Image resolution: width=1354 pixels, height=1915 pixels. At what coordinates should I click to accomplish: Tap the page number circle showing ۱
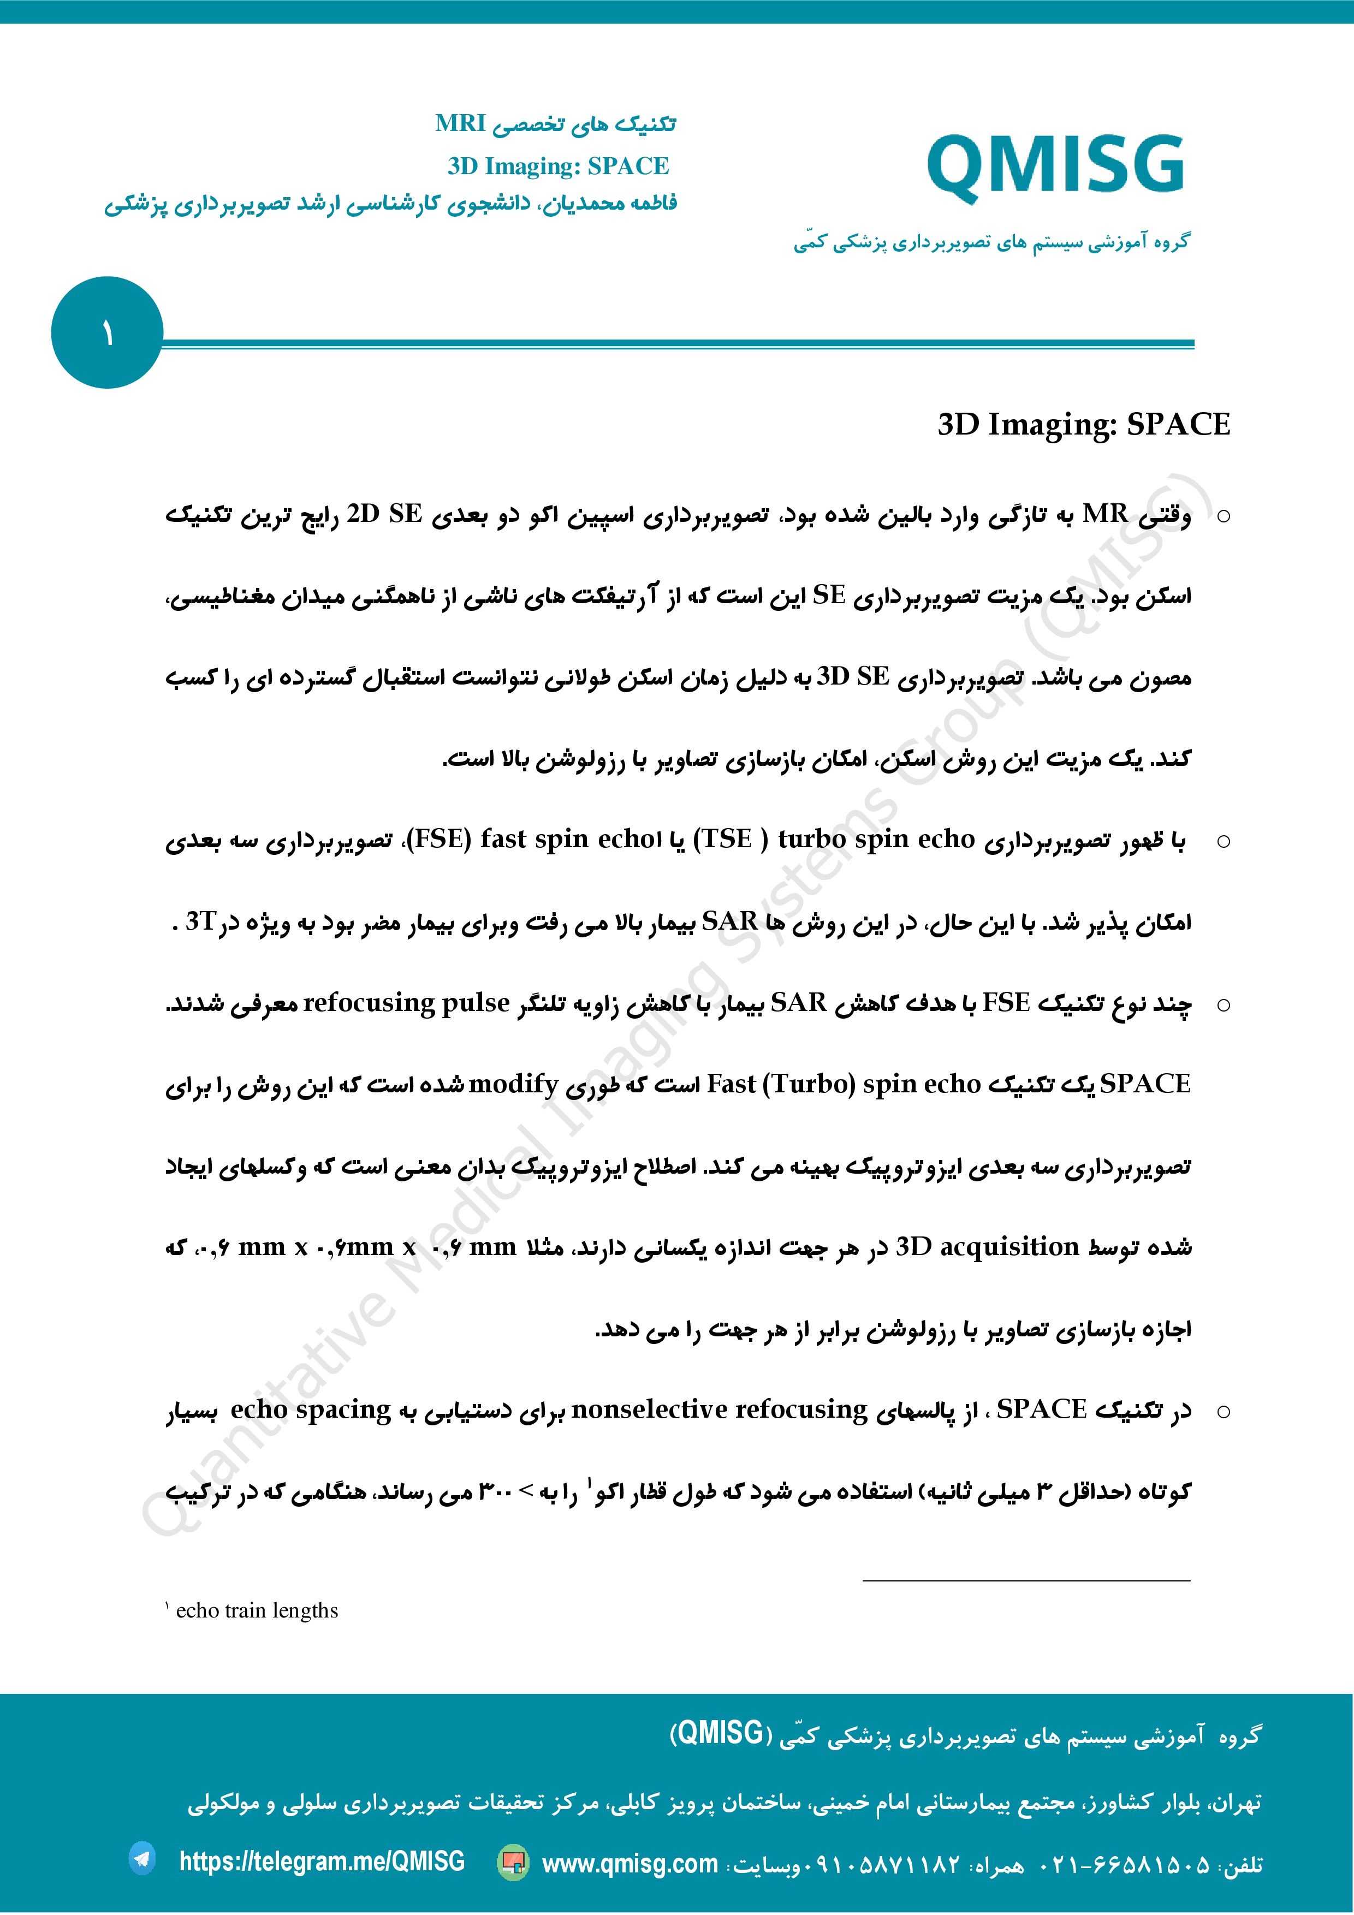(107, 333)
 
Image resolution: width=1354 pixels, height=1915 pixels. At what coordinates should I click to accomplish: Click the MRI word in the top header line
(460, 123)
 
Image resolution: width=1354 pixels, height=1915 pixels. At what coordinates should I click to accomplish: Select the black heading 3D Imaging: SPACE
(1083, 425)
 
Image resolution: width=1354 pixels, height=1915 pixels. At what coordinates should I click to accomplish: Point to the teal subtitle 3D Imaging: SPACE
(557, 166)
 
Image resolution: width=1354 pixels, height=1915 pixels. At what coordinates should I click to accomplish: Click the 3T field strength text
(200, 921)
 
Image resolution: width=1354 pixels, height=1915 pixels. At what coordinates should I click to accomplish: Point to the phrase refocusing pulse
(406, 1003)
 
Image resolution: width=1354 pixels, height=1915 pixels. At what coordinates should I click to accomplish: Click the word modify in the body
(513, 1084)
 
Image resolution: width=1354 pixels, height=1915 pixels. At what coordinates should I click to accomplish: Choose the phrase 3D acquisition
(987, 1247)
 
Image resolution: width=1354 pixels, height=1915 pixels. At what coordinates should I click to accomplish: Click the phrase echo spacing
(310, 1410)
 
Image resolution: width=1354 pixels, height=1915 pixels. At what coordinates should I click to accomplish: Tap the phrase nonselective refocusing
(719, 1410)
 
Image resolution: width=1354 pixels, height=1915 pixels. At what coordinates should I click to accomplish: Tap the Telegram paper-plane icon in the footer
(142, 1859)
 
